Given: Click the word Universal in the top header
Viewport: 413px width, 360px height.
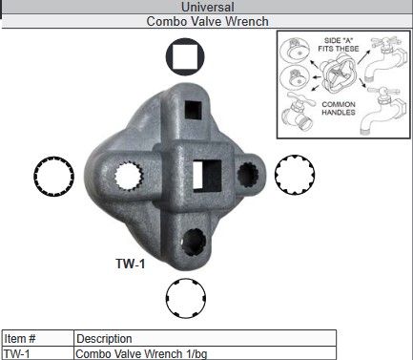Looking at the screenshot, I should coord(207,7).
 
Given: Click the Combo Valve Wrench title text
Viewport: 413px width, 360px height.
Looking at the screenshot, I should coord(207,20).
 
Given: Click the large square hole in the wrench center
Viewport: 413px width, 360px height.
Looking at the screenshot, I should coord(209,176).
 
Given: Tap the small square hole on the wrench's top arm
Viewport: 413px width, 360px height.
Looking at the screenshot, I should coord(196,107).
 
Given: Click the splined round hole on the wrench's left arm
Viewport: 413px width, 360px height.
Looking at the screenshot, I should coord(130,178).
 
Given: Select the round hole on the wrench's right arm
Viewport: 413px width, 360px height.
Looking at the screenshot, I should coord(249,174).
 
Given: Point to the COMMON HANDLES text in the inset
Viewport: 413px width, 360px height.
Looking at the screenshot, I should coord(339,108).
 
